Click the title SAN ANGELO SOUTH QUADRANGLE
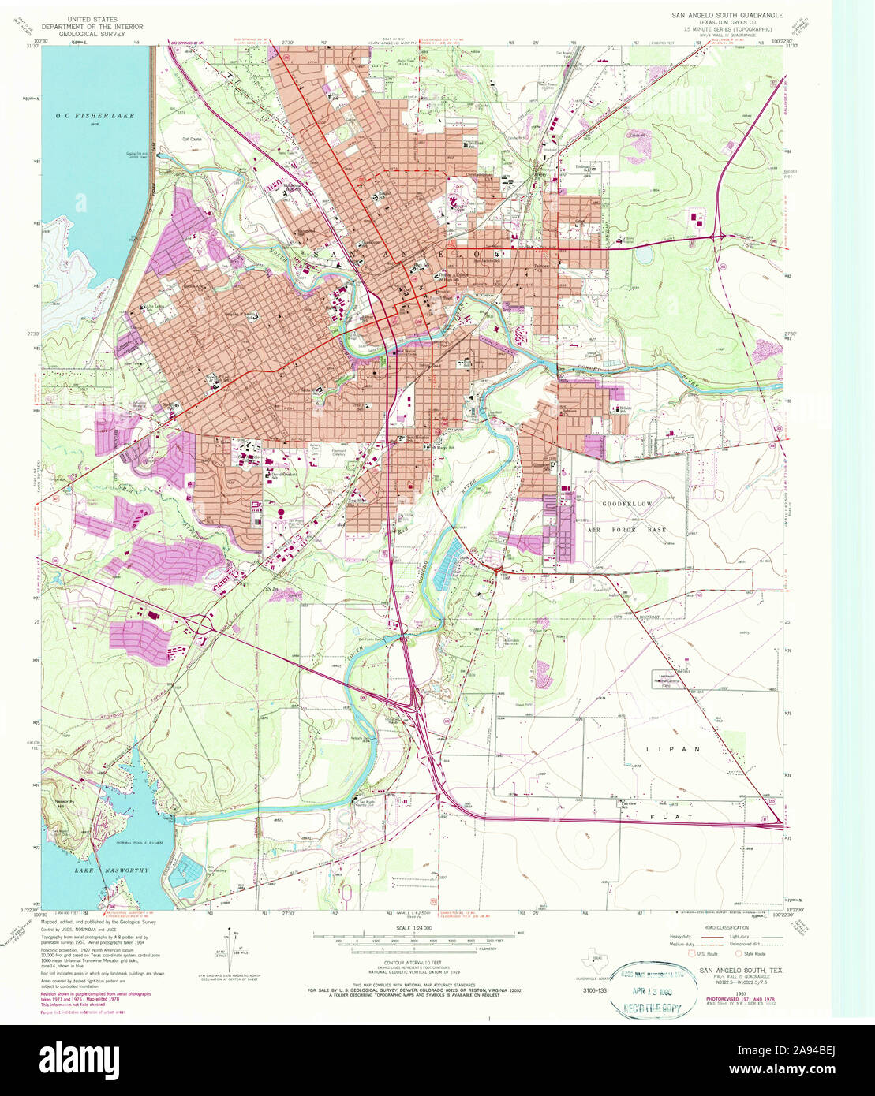[x=727, y=14]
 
